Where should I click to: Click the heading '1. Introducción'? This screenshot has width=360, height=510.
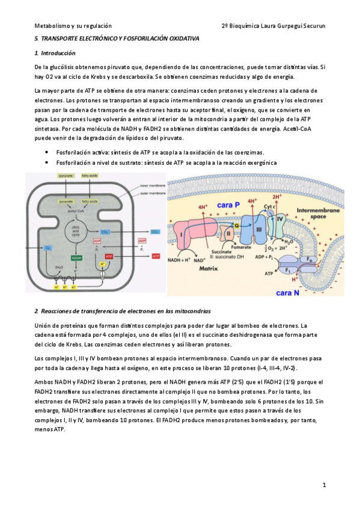coord(55,54)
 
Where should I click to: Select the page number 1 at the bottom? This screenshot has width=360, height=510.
coord(323,484)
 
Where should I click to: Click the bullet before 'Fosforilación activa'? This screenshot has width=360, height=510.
coord(46,153)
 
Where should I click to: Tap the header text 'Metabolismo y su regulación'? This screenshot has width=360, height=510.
coord(73,26)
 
